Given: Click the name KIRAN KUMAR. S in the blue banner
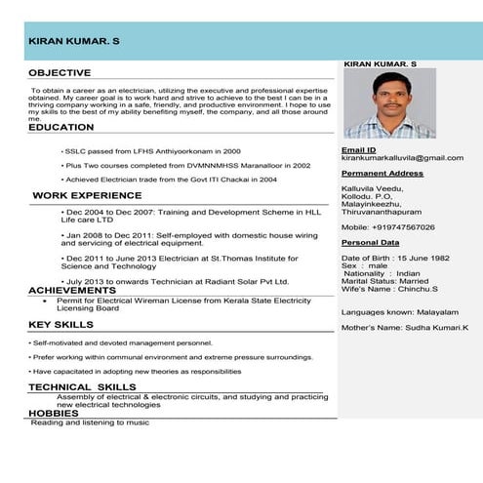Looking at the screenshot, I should coord(73,43).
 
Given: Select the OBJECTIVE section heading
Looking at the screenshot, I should coord(60,73).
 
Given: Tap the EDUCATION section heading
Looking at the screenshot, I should coord(61,128).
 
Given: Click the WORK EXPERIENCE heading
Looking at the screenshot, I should coord(87,196).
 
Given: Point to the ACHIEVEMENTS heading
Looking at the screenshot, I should coord(72,291).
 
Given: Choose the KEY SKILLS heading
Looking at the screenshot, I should coord(60,324).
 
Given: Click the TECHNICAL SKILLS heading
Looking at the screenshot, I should coord(83,387).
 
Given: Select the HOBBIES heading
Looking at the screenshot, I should coord(53,414).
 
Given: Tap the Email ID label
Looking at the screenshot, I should coord(358,150).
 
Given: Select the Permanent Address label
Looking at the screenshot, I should coord(382,173).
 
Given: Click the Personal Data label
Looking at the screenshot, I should coord(370,242).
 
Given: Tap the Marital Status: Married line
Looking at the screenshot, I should coord(384,281).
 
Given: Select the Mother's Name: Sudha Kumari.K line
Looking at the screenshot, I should coord(404,329).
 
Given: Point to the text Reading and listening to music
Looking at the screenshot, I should coord(90,423).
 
